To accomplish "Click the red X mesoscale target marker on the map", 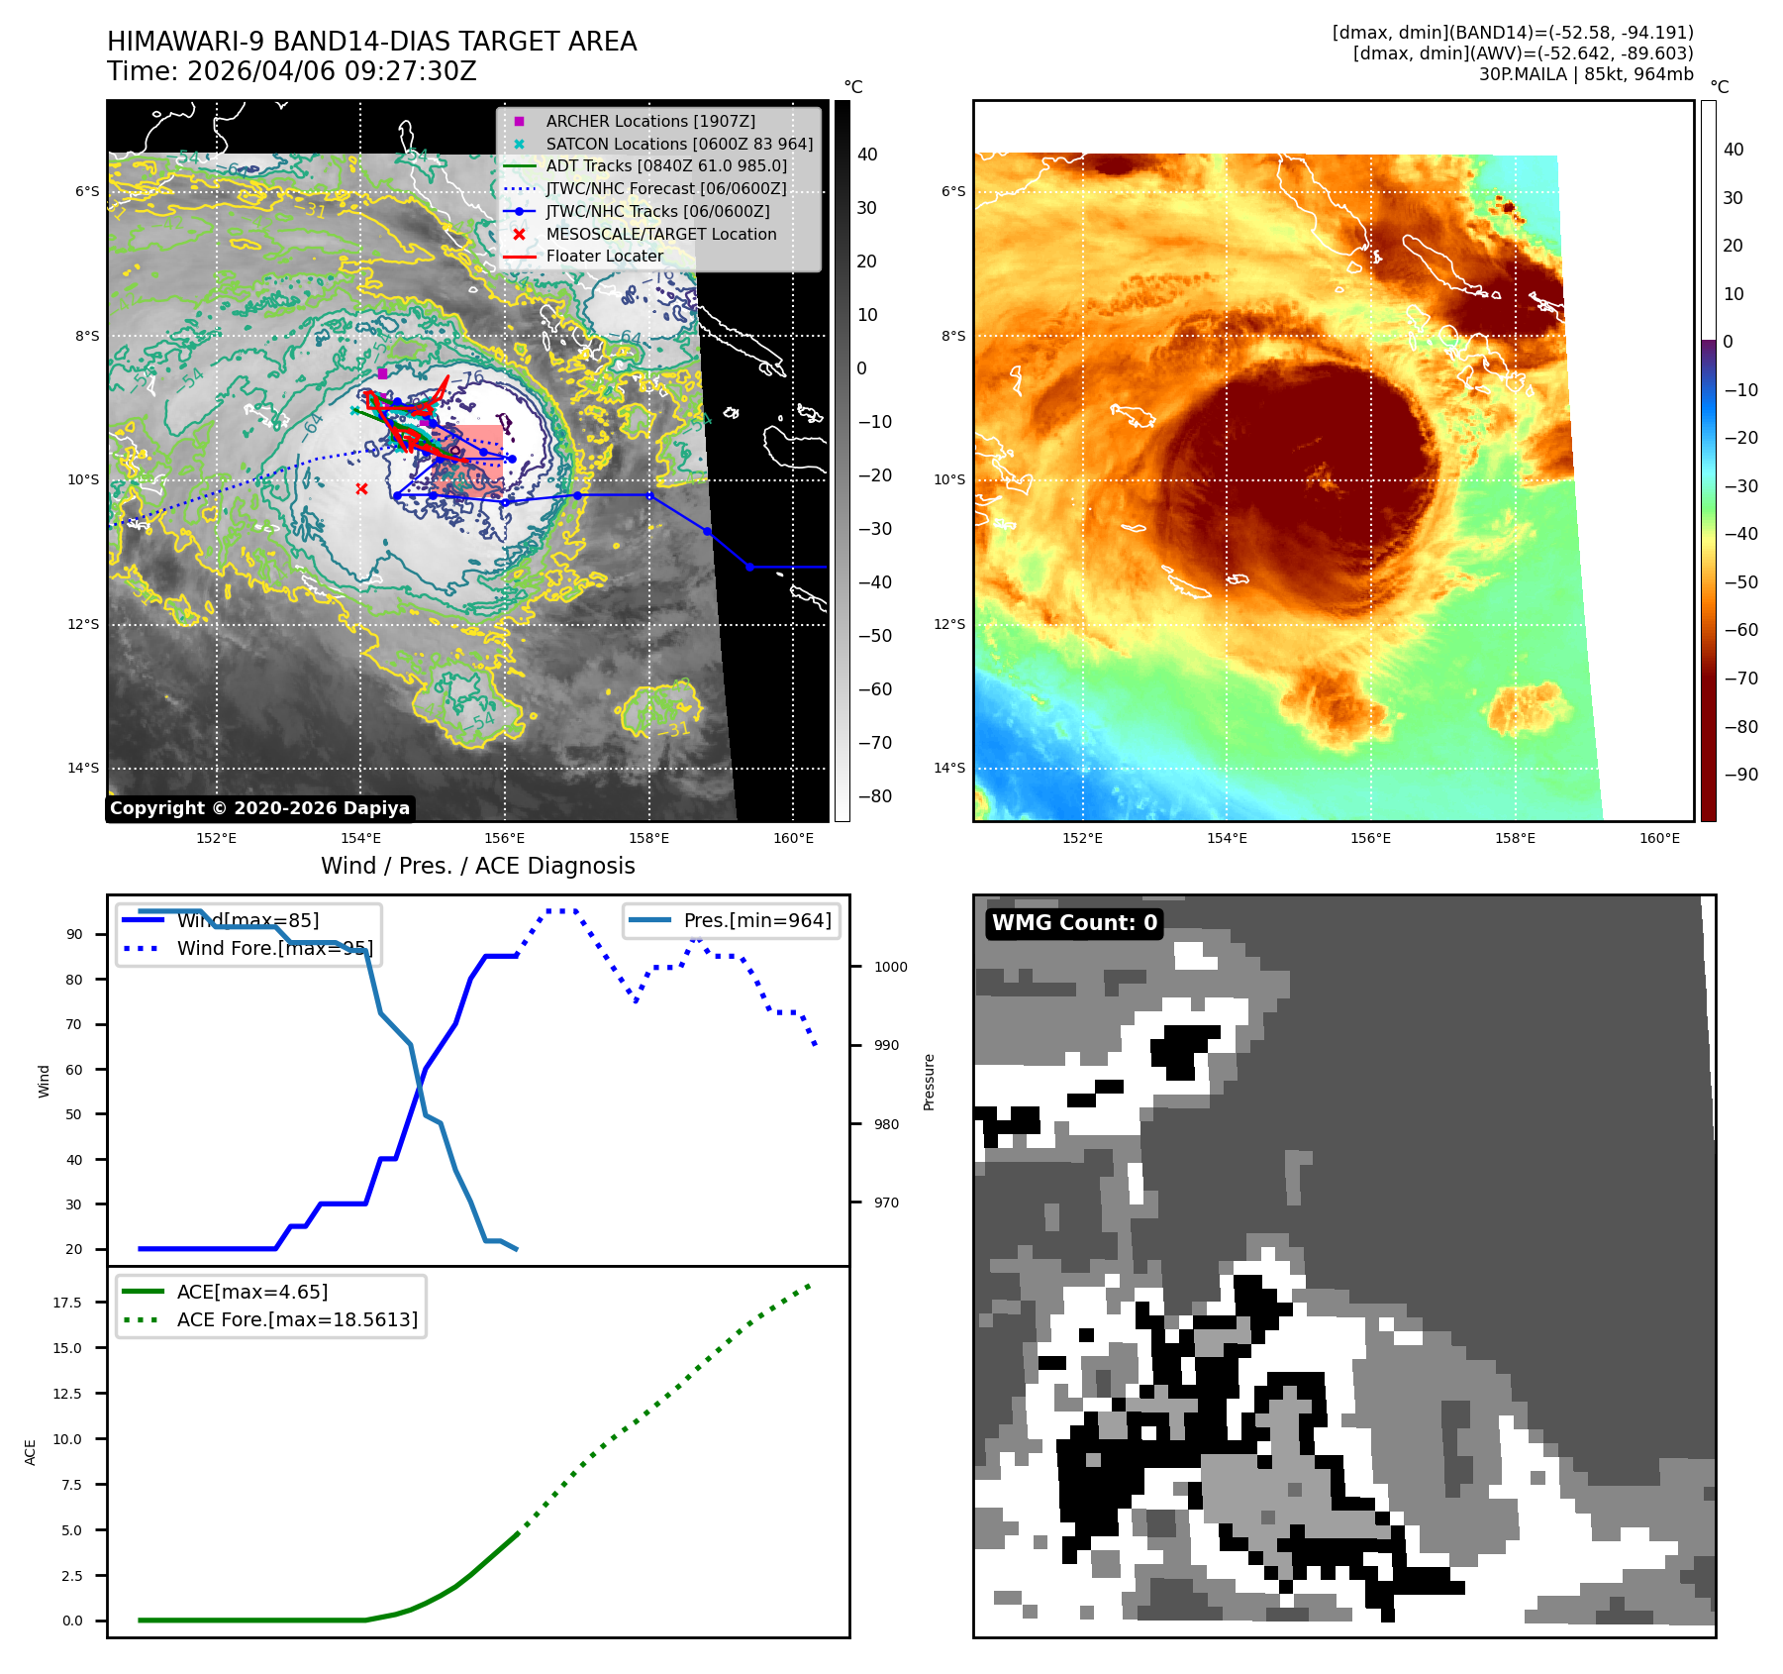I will pyautogui.click(x=361, y=488).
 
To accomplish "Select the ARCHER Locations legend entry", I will pyautogui.click(x=649, y=121).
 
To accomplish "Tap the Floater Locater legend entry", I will pyautogui.click(x=604, y=256).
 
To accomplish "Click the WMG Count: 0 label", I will pyautogui.click(x=1074, y=923).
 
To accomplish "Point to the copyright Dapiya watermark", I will pyautogui.click(x=259, y=808).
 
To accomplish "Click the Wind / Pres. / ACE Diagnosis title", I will pyautogui.click(x=477, y=866).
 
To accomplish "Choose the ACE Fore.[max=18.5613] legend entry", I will pyautogui.click(x=296, y=1319).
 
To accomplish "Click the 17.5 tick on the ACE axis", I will pyautogui.click(x=67, y=1303).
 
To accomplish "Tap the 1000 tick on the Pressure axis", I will pyautogui.click(x=890, y=967).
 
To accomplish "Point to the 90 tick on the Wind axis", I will pyautogui.click(x=74, y=934).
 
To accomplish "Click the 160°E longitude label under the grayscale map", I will pyautogui.click(x=793, y=838).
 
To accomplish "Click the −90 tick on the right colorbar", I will pyautogui.click(x=1740, y=775).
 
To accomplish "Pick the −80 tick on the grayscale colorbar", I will pyautogui.click(x=874, y=796).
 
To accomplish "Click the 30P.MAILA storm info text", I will pyautogui.click(x=1585, y=74).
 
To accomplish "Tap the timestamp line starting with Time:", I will pyautogui.click(x=292, y=71).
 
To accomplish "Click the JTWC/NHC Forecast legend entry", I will pyautogui.click(x=665, y=188).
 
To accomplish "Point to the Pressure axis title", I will pyautogui.click(x=929, y=1082).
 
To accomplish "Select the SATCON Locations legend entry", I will pyautogui.click(x=678, y=144).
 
